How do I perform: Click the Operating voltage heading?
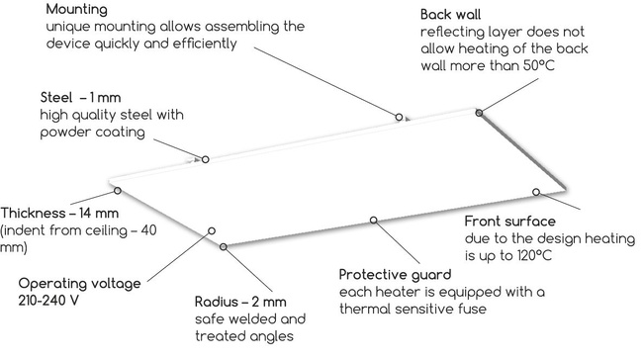point(70,282)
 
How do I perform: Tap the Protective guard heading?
point(395,274)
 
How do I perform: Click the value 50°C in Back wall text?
point(532,66)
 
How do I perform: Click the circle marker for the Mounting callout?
point(400,117)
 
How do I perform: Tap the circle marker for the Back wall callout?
point(480,114)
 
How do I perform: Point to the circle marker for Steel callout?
point(206,159)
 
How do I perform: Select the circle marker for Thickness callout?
point(118,191)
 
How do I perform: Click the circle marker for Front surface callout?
point(535,191)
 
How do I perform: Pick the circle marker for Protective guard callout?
point(373,220)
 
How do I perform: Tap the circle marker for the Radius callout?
point(225,245)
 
